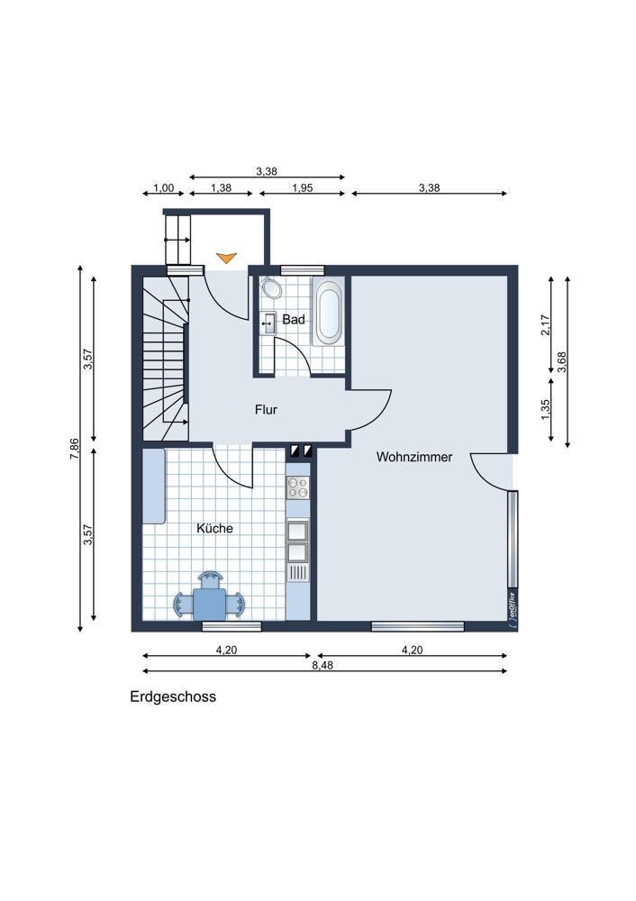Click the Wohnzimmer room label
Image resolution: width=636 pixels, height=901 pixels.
coord(414,458)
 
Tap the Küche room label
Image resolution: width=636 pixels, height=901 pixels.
coord(214,529)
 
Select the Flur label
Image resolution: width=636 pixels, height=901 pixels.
coord(266,410)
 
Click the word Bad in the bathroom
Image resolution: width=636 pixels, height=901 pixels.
coord(293,320)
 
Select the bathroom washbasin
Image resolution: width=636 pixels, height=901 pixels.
coord(268,322)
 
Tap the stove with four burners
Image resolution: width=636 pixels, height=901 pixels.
coord(298,489)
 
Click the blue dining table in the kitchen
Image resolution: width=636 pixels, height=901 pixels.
coord(210,598)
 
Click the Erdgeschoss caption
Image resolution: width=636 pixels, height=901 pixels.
coord(172,696)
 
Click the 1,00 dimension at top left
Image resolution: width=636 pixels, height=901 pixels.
coord(163,188)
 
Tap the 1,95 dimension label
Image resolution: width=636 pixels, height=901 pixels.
coord(304,188)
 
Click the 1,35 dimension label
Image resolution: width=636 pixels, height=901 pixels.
coord(545,408)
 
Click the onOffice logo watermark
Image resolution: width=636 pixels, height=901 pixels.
coord(511,605)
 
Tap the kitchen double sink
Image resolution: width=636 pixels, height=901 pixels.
coord(298,551)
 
